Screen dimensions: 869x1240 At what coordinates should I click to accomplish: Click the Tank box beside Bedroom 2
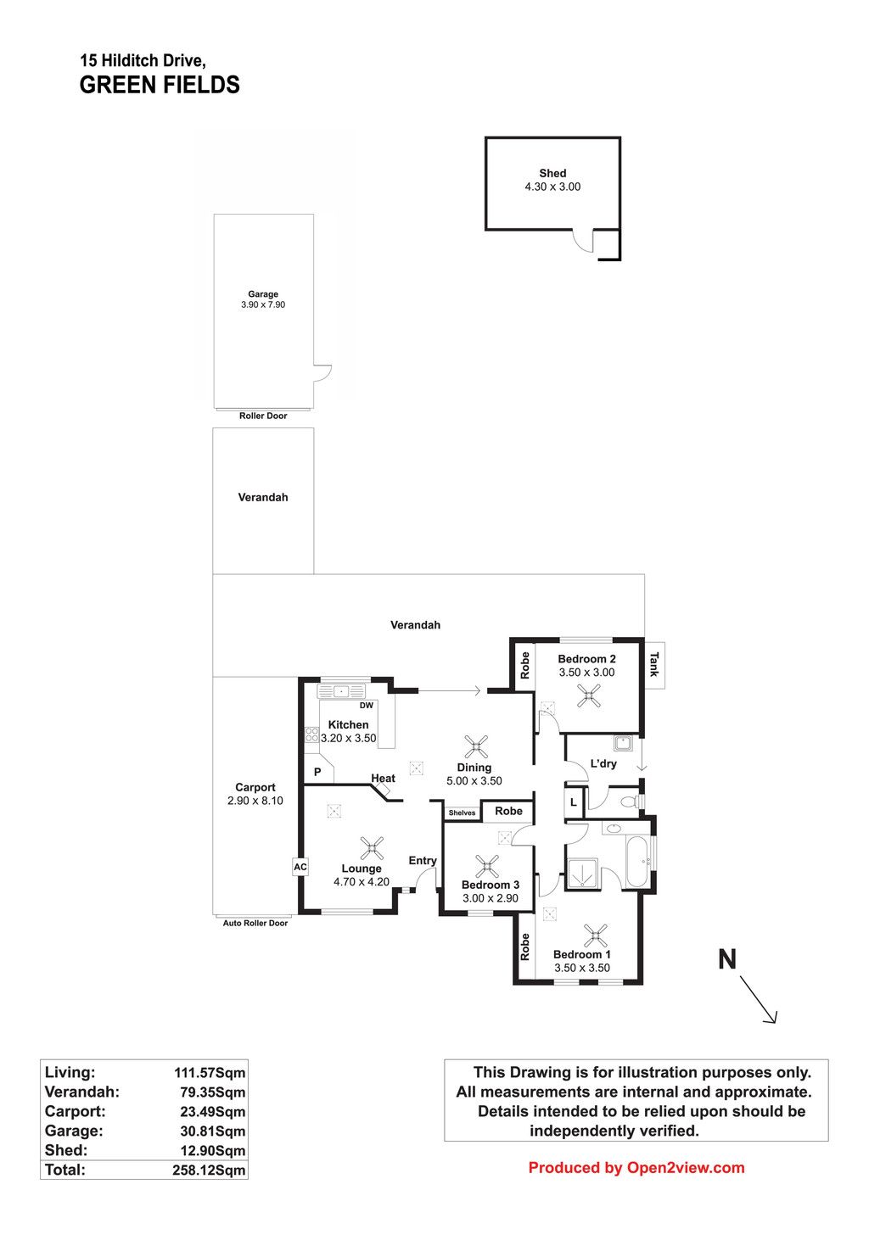click(x=653, y=665)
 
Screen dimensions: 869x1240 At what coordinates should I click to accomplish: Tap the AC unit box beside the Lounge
click(x=300, y=867)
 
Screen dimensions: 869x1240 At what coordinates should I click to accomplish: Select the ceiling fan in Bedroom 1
click(x=596, y=936)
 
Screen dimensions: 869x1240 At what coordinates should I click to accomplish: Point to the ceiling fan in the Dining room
click(x=476, y=746)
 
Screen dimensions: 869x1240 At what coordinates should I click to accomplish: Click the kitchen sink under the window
click(x=341, y=691)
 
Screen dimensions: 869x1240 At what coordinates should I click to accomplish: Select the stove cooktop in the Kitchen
click(x=311, y=735)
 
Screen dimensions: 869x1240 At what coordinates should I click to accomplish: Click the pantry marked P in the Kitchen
click(x=318, y=771)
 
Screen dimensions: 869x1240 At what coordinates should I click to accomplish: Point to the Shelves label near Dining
click(x=462, y=813)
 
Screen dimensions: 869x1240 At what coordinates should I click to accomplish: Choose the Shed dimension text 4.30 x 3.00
click(x=552, y=187)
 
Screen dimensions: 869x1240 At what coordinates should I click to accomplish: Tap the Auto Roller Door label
click(x=255, y=923)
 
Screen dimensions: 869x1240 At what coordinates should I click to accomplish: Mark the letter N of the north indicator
click(x=727, y=959)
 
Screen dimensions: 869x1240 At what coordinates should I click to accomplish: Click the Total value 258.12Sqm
click(x=209, y=1170)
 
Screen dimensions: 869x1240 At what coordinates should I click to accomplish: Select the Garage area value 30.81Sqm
click(x=213, y=1131)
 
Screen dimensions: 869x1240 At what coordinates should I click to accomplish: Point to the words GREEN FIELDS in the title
click(x=160, y=85)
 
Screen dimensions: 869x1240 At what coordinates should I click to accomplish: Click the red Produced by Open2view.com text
click(x=636, y=1167)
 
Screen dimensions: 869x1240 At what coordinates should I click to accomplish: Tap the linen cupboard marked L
click(x=574, y=802)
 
